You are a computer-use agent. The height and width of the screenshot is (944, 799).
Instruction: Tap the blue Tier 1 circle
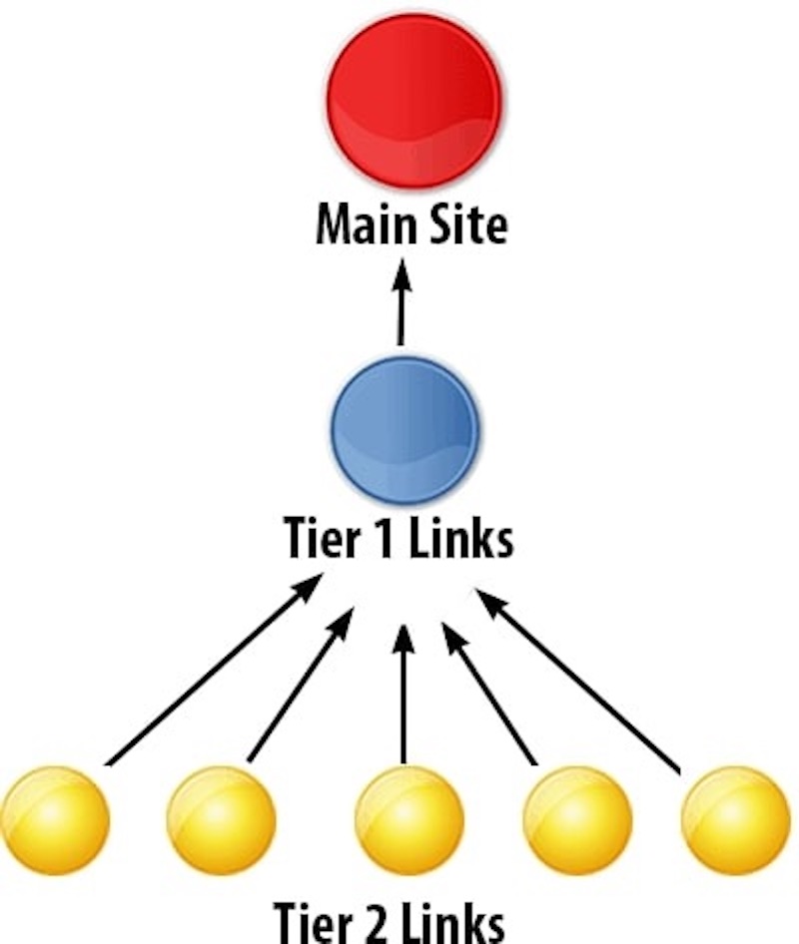(405, 429)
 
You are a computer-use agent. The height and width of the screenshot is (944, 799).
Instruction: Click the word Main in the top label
(358, 226)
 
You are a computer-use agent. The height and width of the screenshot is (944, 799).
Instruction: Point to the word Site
(463, 226)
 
